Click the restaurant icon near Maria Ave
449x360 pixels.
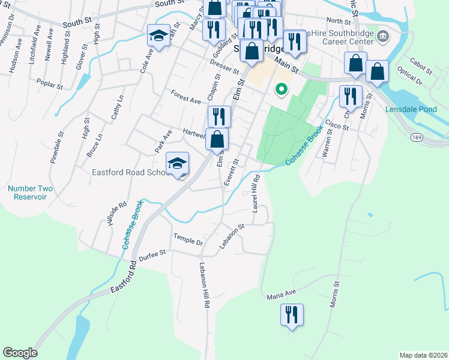click(x=292, y=315)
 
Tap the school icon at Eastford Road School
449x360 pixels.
click(x=178, y=164)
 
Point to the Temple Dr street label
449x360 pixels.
click(x=188, y=239)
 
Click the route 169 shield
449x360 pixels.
click(x=417, y=137)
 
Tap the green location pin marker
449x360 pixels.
click(x=280, y=91)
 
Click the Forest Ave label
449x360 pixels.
click(x=185, y=100)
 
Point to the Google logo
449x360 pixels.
click(x=20, y=353)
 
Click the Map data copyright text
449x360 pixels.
click(x=424, y=355)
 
